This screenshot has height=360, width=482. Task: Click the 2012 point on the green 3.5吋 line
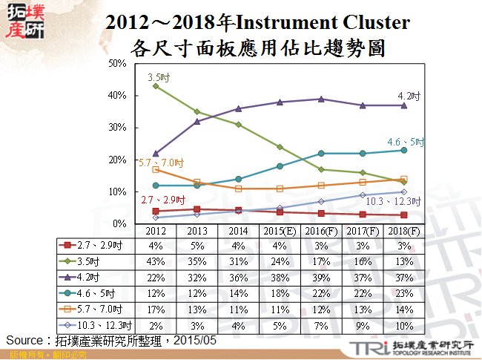[x=155, y=86]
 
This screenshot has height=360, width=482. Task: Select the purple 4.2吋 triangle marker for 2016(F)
[x=320, y=99]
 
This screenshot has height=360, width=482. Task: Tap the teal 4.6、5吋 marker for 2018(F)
[x=403, y=150]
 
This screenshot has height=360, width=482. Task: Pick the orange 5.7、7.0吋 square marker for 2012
[x=155, y=169]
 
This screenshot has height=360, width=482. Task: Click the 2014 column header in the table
[x=237, y=231]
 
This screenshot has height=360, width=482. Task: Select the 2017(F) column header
[x=362, y=231]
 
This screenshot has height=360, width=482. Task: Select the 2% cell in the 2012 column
[x=155, y=325]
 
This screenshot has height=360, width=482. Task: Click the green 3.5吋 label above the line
[x=157, y=76]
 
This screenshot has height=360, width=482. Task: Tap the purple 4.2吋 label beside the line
[x=409, y=96]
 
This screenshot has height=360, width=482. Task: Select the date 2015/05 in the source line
[x=196, y=340]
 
